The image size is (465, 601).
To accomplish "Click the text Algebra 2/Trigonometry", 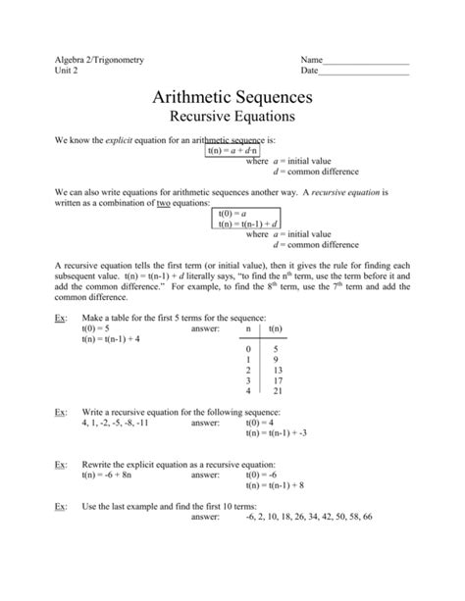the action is point(99,60).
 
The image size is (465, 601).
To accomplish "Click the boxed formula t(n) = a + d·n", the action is point(232,151).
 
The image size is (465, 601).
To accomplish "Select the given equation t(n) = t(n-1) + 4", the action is point(111,339).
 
